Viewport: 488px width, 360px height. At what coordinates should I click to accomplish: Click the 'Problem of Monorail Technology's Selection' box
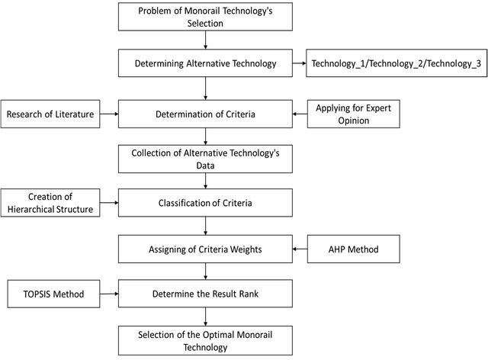click(x=205, y=17)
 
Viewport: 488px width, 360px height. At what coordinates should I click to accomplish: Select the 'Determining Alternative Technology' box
click(x=205, y=63)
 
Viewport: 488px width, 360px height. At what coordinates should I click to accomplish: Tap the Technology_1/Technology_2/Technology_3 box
click(x=396, y=63)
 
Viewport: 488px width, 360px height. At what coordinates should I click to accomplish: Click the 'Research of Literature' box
click(x=50, y=114)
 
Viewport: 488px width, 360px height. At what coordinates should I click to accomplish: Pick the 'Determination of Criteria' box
click(x=205, y=114)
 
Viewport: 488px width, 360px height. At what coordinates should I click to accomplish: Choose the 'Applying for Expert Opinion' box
click(x=354, y=114)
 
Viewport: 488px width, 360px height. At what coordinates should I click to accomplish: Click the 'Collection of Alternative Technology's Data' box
click(x=205, y=159)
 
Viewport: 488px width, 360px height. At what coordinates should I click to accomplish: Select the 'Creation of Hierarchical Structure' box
click(x=50, y=203)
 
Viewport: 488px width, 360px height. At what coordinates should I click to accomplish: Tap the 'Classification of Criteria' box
click(x=205, y=203)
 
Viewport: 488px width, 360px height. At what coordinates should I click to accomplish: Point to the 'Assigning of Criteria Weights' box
click(x=205, y=249)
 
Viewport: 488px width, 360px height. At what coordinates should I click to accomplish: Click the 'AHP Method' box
click(x=354, y=249)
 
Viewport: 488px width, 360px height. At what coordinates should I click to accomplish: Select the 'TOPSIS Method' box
click(x=54, y=294)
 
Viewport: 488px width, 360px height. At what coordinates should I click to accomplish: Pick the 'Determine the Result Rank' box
click(x=205, y=294)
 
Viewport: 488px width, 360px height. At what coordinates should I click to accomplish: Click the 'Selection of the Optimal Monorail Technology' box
click(x=205, y=341)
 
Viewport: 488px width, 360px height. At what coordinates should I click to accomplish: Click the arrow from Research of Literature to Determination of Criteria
click(x=109, y=114)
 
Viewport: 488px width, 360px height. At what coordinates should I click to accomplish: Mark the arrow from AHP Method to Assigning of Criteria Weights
click(x=300, y=249)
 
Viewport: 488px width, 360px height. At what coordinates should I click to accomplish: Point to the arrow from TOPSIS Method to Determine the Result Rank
click(x=109, y=294)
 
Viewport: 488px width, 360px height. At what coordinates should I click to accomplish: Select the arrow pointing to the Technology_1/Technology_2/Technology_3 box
click(x=300, y=63)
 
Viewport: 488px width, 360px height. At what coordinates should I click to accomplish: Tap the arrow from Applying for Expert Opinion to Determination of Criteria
click(x=300, y=114)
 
